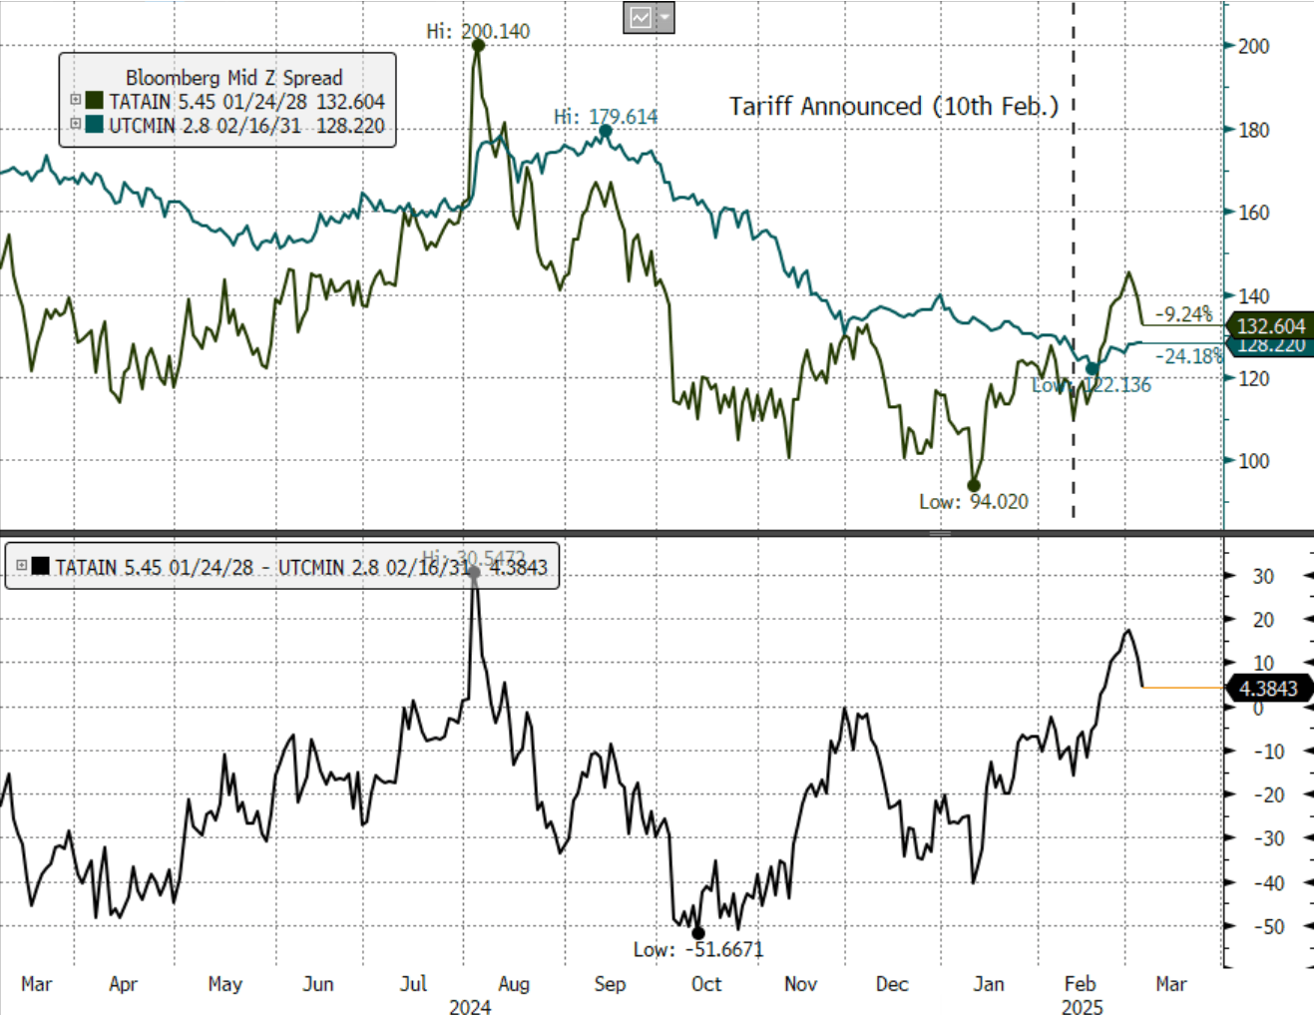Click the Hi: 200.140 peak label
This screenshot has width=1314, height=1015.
click(x=478, y=31)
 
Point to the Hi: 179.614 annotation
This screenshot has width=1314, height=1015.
click(x=606, y=117)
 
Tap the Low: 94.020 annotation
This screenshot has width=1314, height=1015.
click(x=973, y=501)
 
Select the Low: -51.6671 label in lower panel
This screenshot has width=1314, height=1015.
click(x=697, y=949)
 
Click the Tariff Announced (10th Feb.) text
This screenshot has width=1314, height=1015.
click(x=893, y=107)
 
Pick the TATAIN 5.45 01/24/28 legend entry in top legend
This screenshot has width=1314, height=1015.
click(x=234, y=102)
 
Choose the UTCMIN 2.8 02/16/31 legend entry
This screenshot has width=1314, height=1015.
click(x=234, y=126)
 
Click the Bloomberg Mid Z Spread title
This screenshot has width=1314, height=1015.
click(x=233, y=78)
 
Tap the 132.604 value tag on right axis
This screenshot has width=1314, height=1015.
click(x=1270, y=326)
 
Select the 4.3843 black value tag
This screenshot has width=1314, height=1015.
click(x=1268, y=689)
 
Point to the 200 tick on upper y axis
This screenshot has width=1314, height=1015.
click(x=1253, y=46)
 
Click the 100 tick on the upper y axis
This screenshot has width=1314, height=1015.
click(x=1253, y=461)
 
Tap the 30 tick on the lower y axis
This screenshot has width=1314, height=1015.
click(x=1263, y=576)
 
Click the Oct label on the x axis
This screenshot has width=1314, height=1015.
click(x=705, y=984)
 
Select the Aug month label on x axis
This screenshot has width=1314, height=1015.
click(x=513, y=984)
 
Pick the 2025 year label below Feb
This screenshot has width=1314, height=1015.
click(x=1082, y=1007)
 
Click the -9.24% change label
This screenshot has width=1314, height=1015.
click(x=1183, y=314)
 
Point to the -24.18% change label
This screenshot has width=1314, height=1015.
click(x=1188, y=356)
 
